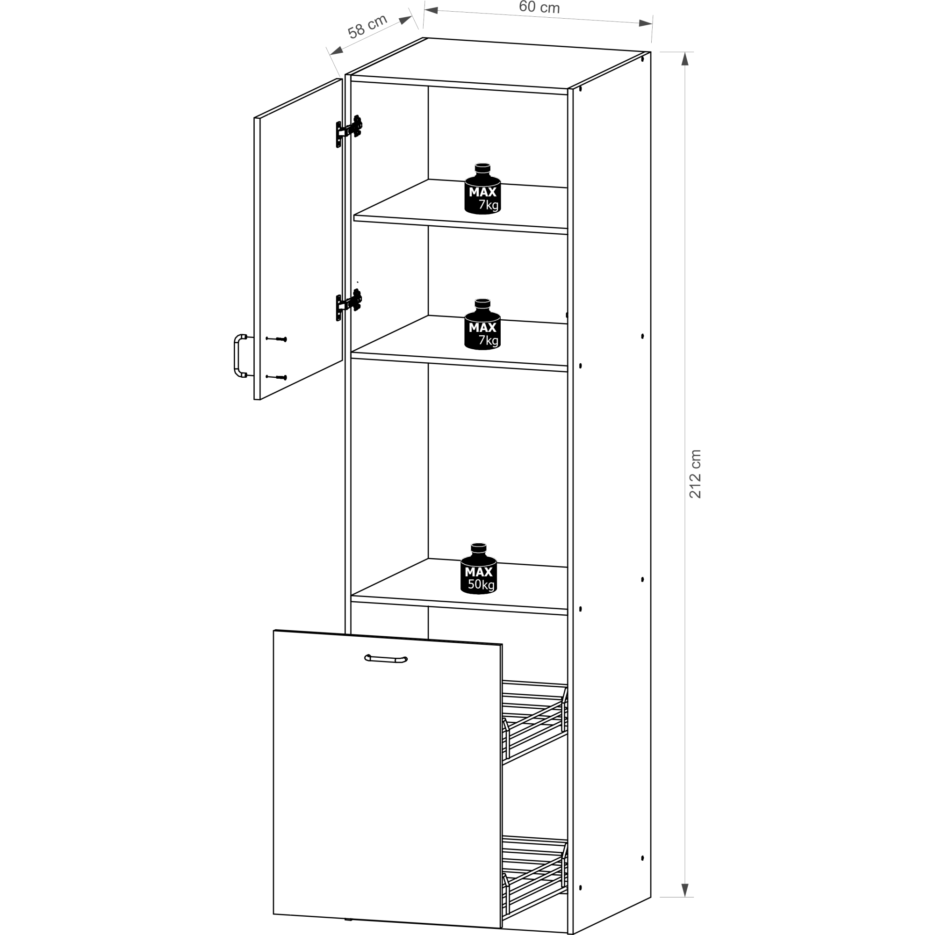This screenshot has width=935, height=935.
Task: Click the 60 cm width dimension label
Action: (x=539, y=7)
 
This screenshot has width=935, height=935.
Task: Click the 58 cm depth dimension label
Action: (x=367, y=27)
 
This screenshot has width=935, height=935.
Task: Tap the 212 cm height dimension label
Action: (x=695, y=474)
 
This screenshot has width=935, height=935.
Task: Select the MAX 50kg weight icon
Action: (x=479, y=568)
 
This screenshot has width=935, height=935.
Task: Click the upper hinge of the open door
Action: (x=349, y=130)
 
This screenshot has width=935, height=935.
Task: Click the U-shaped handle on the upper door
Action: (x=237, y=356)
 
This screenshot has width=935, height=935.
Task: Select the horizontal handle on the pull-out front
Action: (x=386, y=659)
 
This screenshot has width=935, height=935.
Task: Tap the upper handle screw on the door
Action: (x=276, y=339)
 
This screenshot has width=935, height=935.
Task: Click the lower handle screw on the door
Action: (x=276, y=377)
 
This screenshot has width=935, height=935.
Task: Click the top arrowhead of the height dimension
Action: (x=684, y=58)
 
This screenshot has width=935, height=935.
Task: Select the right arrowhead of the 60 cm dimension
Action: (x=646, y=23)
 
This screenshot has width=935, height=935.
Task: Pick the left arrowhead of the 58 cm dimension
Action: (x=336, y=50)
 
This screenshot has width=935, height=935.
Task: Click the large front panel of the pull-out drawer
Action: (x=387, y=779)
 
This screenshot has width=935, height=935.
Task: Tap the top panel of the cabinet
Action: (x=498, y=63)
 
